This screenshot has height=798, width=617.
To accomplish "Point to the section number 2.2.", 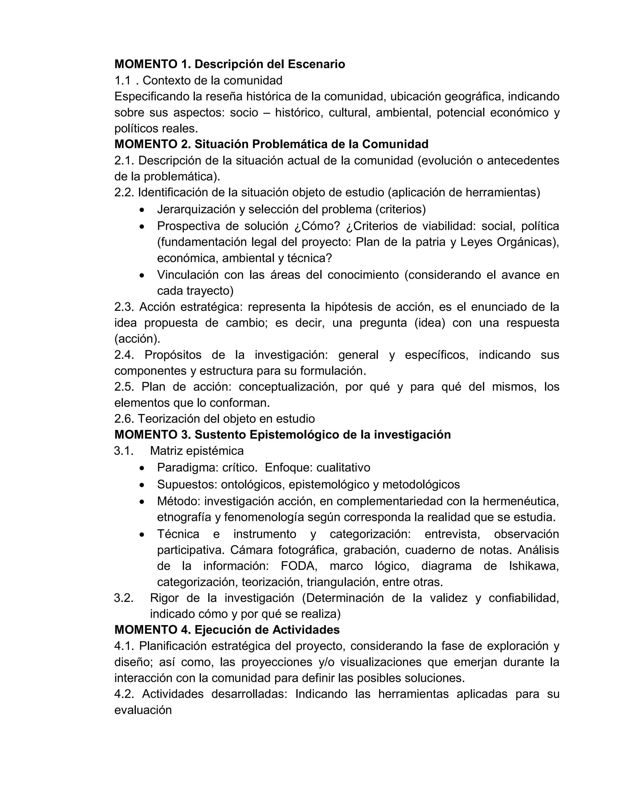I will coord(124,192).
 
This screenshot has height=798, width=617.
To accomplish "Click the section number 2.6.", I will coord(124,419).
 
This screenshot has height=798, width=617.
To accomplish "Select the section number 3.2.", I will coord(123,598).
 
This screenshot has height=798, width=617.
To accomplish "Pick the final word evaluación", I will coord(143,710).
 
